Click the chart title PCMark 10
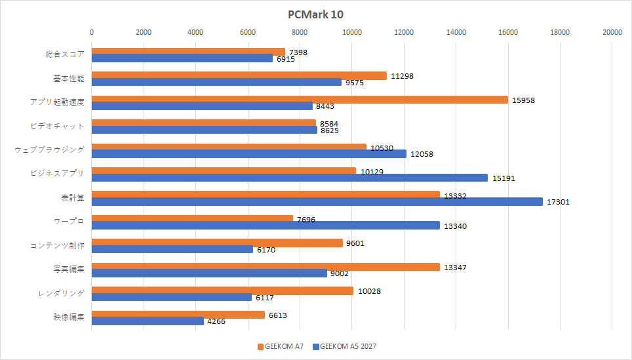click(x=315, y=14)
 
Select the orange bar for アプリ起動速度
click(x=300, y=100)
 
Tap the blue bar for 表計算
click(x=317, y=201)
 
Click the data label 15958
click(x=523, y=100)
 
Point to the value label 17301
click(x=558, y=202)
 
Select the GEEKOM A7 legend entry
click(x=281, y=347)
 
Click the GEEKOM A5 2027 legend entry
click(x=345, y=347)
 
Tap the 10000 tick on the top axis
click(x=352, y=32)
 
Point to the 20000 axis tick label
click(x=612, y=32)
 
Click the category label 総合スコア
click(x=65, y=54)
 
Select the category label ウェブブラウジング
click(x=50, y=150)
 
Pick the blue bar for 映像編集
click(x=148, y=321)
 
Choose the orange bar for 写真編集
click(x=266, y=266)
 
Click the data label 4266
click(x=216, y=321)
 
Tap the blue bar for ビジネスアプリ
click(x=289, y=178)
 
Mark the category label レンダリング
click(x=61, y=294)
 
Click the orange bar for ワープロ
click(x=192, y=218)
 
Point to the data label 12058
click(x=422, y=154)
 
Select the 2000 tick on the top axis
click(x=144, y=32)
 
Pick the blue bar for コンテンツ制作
click(x=172, y=249)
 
